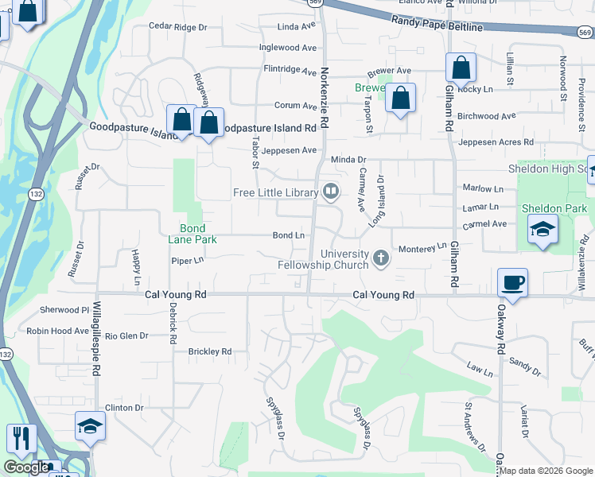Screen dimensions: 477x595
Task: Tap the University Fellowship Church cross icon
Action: point(381,258)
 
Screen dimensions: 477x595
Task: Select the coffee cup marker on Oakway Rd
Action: point(512,283)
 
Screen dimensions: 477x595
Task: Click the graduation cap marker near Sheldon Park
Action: point(542,229)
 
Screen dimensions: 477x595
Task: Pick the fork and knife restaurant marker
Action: point(21,438)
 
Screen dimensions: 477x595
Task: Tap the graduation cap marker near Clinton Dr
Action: point(90,426)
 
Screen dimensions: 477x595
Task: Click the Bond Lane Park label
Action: point(187,233)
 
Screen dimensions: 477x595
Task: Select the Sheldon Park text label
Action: point(554,208)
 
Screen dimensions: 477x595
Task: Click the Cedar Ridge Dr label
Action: point(177,27)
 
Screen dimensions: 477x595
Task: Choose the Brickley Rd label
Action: point(209,351)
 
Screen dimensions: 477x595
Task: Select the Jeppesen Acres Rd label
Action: point(496,142)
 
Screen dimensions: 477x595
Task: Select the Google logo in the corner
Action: point(26,467)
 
